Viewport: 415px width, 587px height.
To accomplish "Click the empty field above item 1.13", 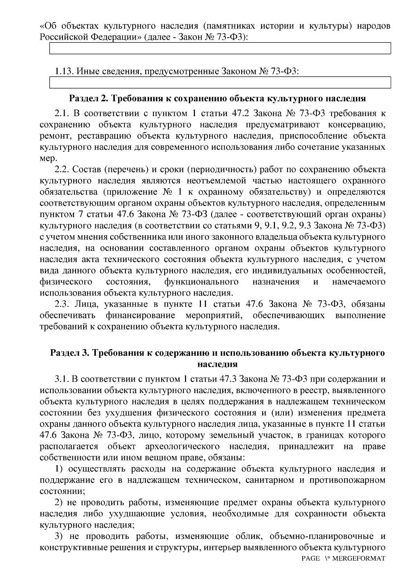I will point(220,48).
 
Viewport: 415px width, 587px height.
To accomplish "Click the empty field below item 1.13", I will point(220,83).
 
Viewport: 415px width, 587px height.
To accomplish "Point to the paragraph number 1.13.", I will point(64,72).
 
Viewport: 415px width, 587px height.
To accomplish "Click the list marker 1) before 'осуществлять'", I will point(59,469).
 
